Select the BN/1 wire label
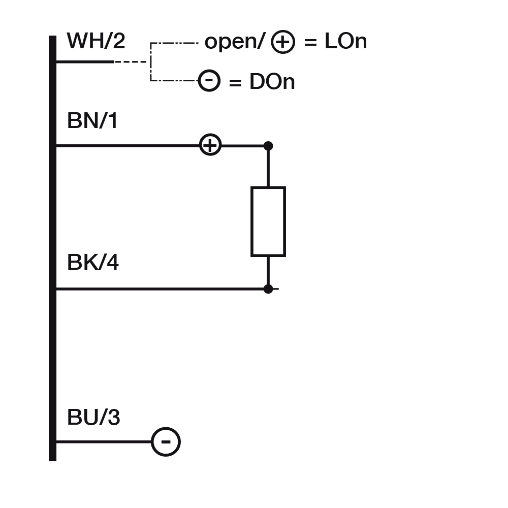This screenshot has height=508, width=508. [92, 121]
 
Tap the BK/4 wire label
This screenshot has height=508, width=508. [92, 263]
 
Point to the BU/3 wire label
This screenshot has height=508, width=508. [93, 418]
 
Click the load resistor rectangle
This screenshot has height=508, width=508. [268, 221]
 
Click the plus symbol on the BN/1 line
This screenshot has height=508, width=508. [210, 145]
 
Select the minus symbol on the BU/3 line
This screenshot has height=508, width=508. [166, 442]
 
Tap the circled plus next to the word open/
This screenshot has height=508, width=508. [282, 42]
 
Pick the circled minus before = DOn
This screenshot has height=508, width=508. [209, 81]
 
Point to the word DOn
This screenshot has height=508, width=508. [272, 82]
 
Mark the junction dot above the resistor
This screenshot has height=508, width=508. [268, 146]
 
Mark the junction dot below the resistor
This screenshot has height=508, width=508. [268, 289]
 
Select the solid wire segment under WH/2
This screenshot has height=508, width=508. [84, 61]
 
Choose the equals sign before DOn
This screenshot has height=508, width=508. [235, 82]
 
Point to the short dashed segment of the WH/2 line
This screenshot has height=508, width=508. [131, 61]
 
